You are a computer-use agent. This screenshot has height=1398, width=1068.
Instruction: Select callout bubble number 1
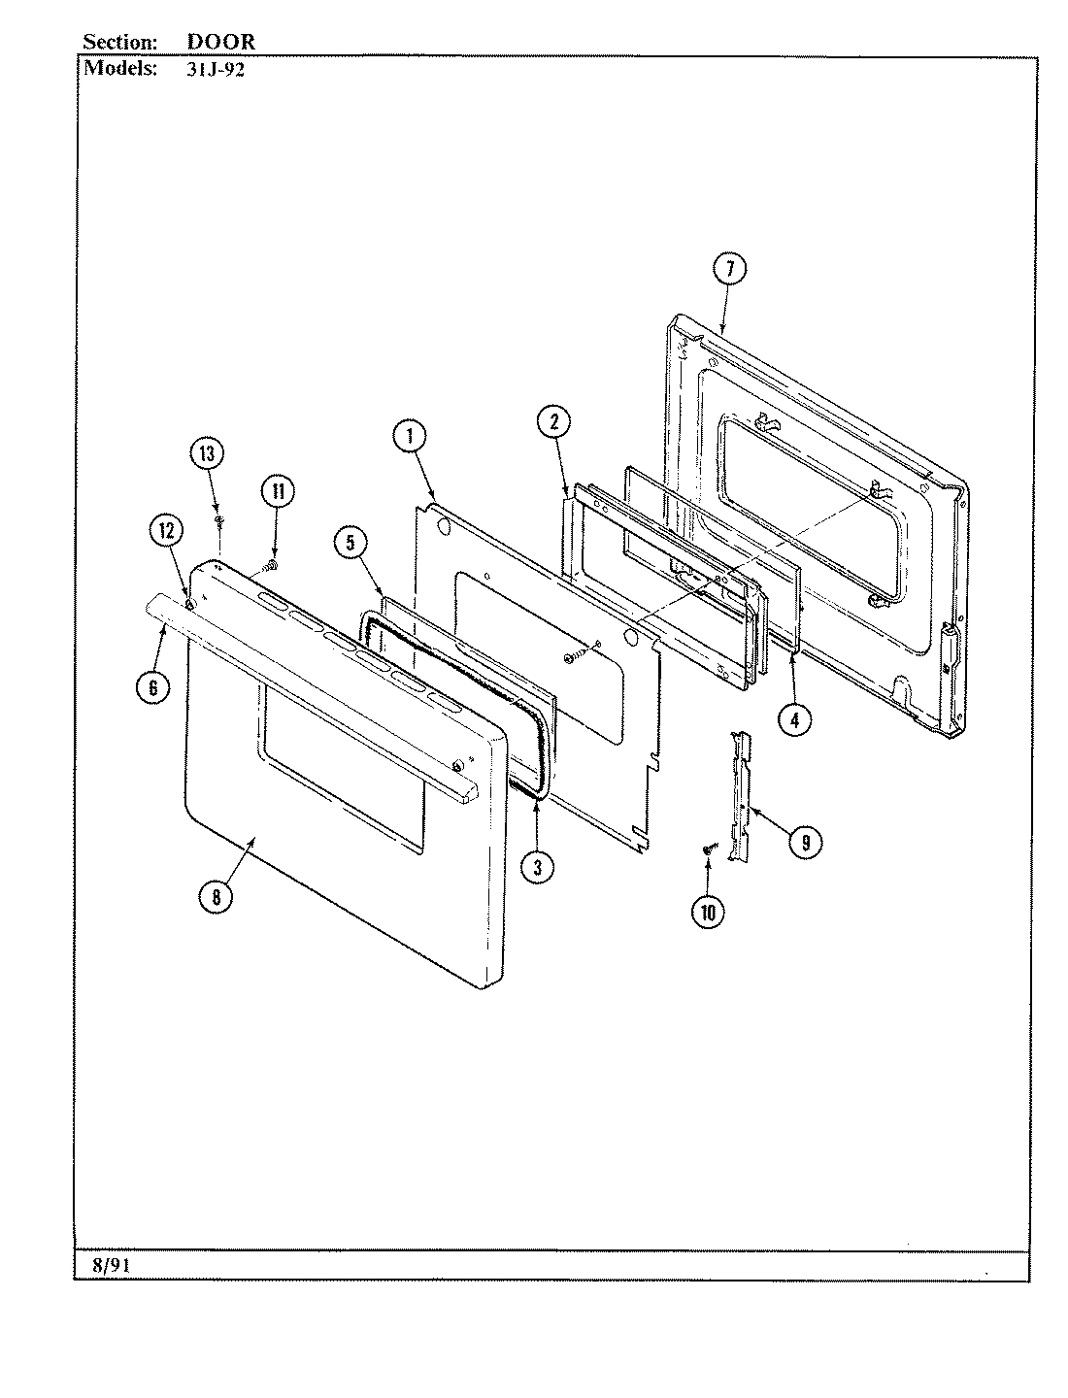tap(410, 437)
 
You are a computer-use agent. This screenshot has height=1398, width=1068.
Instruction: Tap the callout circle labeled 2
tap(552, 421)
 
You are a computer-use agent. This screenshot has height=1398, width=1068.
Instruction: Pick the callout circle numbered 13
tap(206, 454)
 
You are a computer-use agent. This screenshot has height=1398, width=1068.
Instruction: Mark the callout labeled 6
tap(152, 687)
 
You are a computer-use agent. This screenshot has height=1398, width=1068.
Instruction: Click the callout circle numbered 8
tap(216, 897)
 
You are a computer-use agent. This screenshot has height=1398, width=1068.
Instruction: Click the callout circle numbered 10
tap(707, 912)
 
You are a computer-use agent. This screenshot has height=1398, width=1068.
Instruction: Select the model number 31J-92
tap(214, 70)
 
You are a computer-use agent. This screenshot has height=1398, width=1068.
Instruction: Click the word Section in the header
tap(119, 43)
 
